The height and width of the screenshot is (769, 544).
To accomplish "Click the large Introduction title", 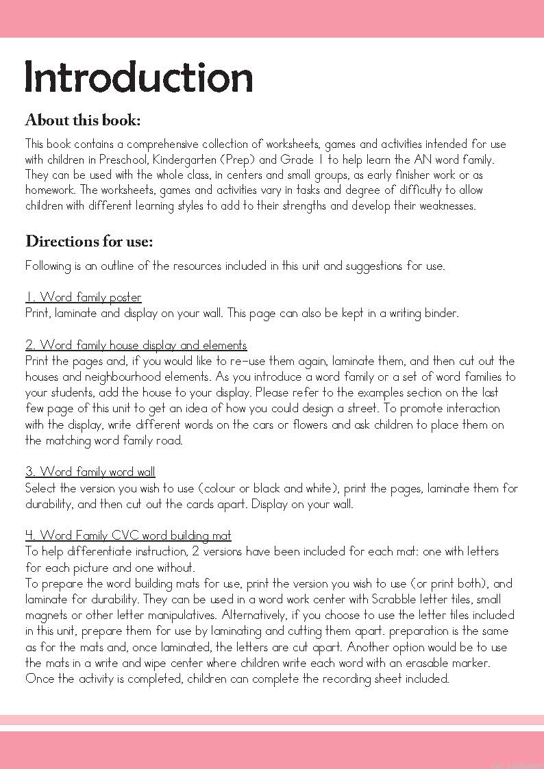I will [x=139, y=77].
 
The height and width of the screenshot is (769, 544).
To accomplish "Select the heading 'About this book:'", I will [x=83, y=121].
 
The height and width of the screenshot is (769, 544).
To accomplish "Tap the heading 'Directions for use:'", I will [x=89, y=242].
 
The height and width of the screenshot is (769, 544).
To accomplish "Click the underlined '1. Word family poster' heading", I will [x=84, y=297].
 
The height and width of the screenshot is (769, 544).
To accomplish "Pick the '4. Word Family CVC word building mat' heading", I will [x=128, y=535].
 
